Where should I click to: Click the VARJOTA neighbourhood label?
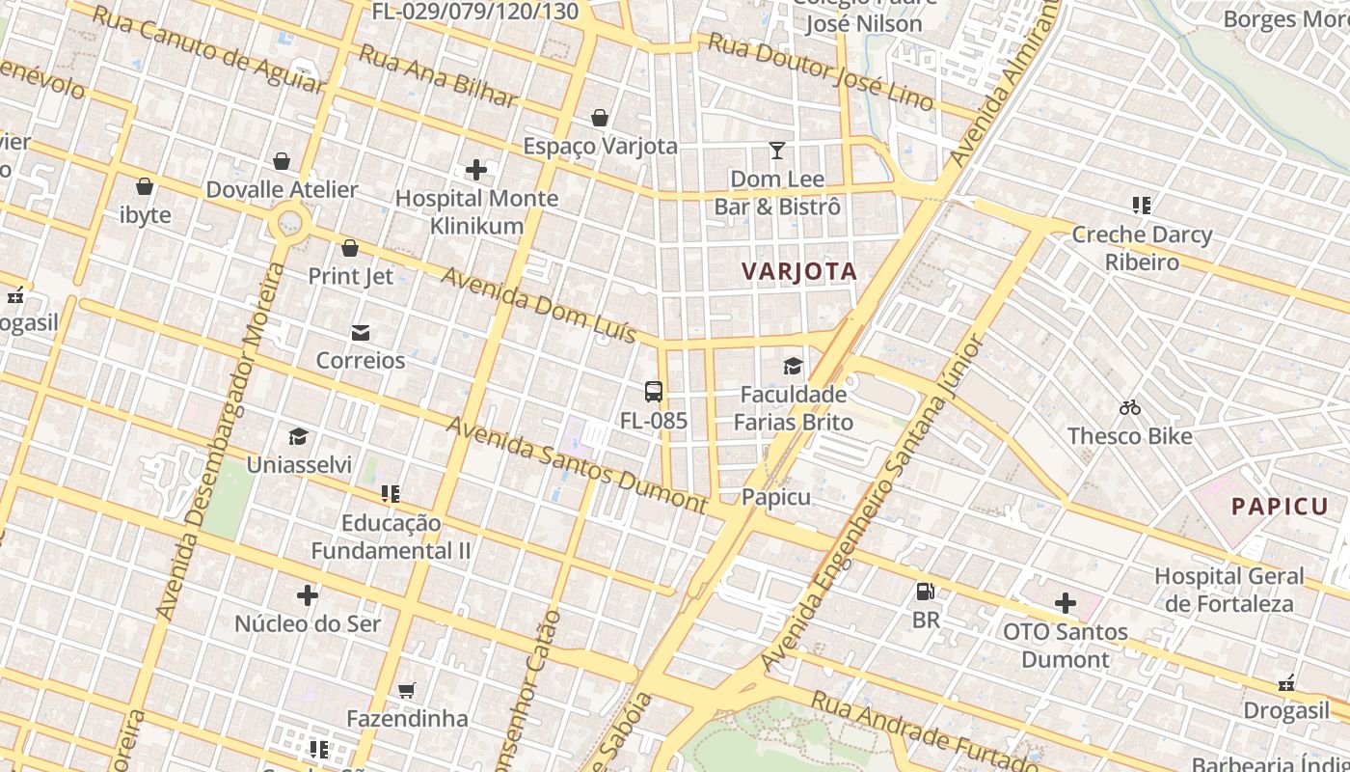(799, 271)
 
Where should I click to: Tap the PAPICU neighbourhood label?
(1279, 507)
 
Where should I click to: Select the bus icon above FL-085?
(654, 392)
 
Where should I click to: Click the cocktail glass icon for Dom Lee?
(777, 151)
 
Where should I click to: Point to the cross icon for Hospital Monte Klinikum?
(476, 171)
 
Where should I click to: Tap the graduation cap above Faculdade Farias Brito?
(793, 366)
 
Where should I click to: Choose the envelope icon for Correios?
(361, 333)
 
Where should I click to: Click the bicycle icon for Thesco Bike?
(1130, 408)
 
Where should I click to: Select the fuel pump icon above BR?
(925, 592)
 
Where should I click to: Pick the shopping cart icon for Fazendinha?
(407, 691)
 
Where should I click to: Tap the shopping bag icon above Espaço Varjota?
(600, 118)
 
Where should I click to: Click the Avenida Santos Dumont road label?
(577, 464)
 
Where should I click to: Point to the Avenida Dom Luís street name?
(539, 305)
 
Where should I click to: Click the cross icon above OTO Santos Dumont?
(1066, 604)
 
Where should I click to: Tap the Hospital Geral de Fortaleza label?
(1229, 590)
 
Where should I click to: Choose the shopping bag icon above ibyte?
(145, 186)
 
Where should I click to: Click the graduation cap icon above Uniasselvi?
(298, 437)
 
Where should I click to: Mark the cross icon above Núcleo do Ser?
(308, 595)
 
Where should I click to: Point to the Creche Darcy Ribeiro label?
(1142, 248)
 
